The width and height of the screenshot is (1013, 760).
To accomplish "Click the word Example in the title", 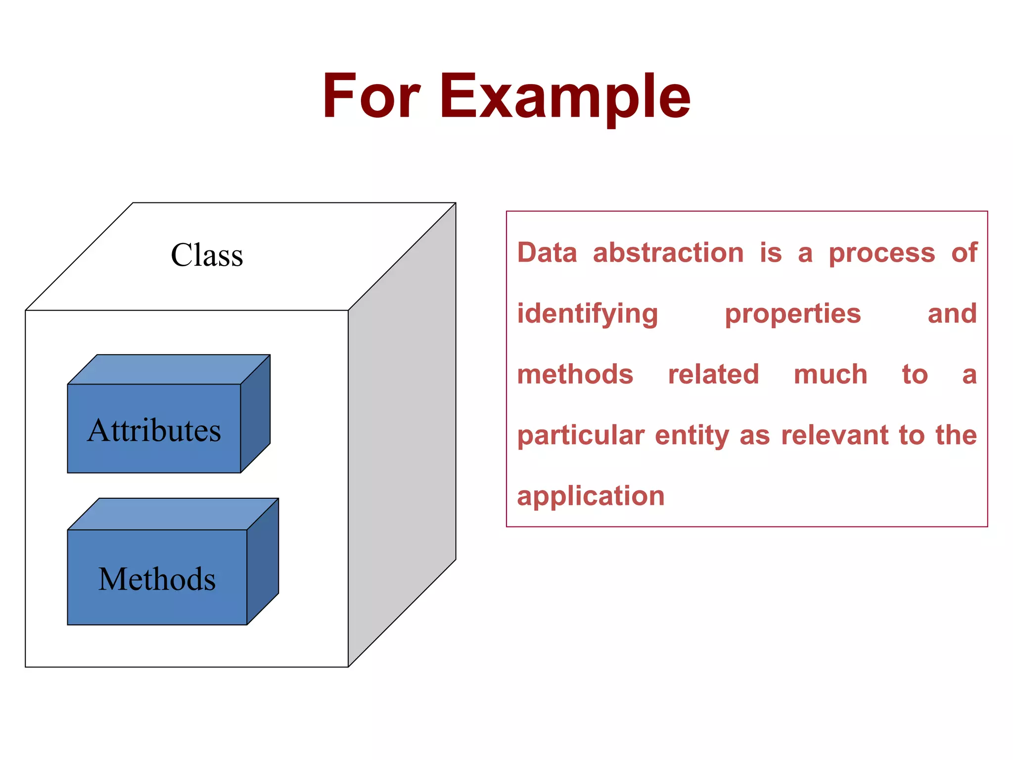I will click(565, 96).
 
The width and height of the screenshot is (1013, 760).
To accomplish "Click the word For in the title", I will click(371, 96).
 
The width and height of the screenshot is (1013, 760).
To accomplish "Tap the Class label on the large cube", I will click(207, 255).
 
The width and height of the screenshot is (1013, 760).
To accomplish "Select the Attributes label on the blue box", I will click(154, 430).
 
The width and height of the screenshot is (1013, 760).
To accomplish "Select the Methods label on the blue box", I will click(157, 579).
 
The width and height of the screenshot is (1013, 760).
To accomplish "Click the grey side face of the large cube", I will click(402, 435).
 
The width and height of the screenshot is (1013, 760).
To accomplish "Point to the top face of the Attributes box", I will click(168, 370).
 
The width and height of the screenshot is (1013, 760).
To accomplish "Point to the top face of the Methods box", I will click(173, 514).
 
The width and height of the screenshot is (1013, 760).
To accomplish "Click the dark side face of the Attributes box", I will click(255, 414).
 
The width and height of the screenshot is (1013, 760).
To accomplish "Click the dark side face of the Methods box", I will click(263, 562).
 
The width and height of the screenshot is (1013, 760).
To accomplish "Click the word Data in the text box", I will click(547, 253).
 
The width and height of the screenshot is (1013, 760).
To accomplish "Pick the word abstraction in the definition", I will click(668, 253).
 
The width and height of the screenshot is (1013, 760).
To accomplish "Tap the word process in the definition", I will click(882, 253).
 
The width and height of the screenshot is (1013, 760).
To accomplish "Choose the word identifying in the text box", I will click(588, 314).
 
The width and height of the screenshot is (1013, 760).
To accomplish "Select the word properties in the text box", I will click(793, 314).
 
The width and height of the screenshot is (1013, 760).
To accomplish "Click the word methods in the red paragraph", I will click(575, 375).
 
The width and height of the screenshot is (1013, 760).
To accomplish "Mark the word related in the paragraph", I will click(713, 375).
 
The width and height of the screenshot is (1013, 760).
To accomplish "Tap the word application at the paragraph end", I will click(591, 496).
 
